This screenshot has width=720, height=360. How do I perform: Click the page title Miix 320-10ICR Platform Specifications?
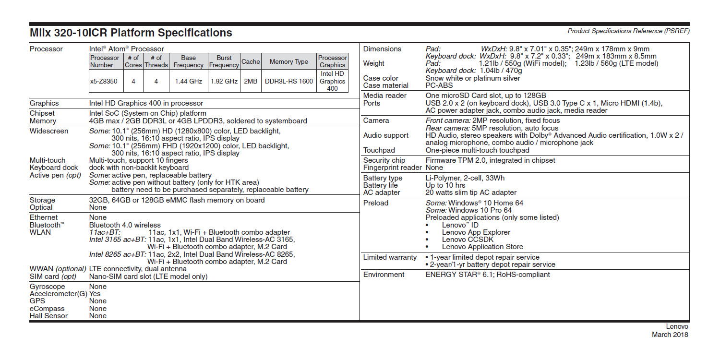click(131, 33)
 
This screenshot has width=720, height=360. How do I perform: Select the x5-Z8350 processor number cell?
click(103, 82)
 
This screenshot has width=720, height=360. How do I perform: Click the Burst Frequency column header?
click(224, 61)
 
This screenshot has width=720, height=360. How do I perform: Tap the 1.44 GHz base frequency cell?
click(188, 82)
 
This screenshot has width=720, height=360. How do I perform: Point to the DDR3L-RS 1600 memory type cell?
click(288, 82)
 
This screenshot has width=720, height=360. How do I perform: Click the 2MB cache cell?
click(251, 82)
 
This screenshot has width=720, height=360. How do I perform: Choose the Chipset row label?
click(43, 114)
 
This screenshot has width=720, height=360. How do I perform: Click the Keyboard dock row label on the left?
click(54, 168)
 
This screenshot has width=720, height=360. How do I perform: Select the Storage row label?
click(42, 200)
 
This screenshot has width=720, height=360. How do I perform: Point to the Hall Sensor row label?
click(48, 316)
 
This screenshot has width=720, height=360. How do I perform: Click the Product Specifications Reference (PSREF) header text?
click(628, 31)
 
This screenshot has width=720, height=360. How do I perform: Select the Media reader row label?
click(385, 96)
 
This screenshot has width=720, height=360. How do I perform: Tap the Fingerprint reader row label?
click(393, 168)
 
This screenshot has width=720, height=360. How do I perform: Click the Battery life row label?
click(381, 185)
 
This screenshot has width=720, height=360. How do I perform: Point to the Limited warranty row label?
click(390, 257)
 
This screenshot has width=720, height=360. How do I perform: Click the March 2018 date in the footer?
click(670, 335)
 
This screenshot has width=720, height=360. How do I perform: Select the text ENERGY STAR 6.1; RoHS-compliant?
click(488, 275)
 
